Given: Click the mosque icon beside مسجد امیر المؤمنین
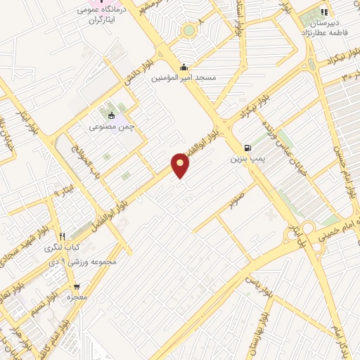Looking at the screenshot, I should point(184,67).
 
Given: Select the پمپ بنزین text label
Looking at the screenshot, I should point(245,160).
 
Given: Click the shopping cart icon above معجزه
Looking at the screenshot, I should point(76,287).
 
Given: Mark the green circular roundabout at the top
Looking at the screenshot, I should point(188,30).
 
